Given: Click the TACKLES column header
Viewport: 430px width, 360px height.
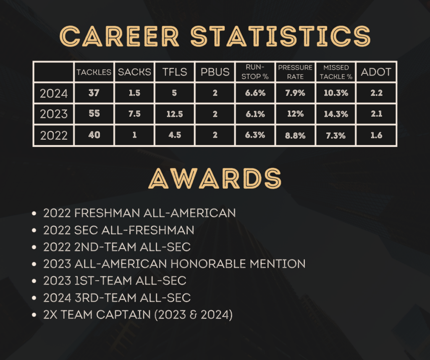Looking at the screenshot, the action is tap(94, 72).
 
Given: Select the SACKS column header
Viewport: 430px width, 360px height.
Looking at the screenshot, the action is tap(134, 72).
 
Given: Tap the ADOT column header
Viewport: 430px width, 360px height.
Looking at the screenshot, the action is tap(376, 72).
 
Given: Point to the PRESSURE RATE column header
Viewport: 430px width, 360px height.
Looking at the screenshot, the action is tap(295, 72).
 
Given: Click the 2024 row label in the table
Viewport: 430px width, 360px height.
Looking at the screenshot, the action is tap(54, 94).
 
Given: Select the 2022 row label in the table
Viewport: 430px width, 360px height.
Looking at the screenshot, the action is tap(54, 136).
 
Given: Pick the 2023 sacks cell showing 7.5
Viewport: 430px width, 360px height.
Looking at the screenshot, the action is tap(134, 114).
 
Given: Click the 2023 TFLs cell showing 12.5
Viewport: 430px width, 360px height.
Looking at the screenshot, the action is tap(175, 114).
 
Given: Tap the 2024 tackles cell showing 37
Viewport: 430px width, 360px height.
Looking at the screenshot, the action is tap(94, 93).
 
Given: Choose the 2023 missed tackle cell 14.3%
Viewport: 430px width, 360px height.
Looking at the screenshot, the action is tap(336, 114).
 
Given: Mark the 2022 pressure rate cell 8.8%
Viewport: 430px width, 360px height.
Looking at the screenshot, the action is tap(295, 136).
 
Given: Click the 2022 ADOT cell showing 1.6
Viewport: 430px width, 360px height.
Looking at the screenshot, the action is tap(376, 135).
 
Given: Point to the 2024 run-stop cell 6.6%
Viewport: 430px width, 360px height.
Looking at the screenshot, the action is tap(255, 93).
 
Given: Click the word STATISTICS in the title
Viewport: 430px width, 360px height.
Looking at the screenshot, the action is tap(280, 36).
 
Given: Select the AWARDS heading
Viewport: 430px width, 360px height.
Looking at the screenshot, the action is tap(215, 178).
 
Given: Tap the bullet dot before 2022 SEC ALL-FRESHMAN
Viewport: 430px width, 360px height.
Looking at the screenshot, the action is tap(34, 230).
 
